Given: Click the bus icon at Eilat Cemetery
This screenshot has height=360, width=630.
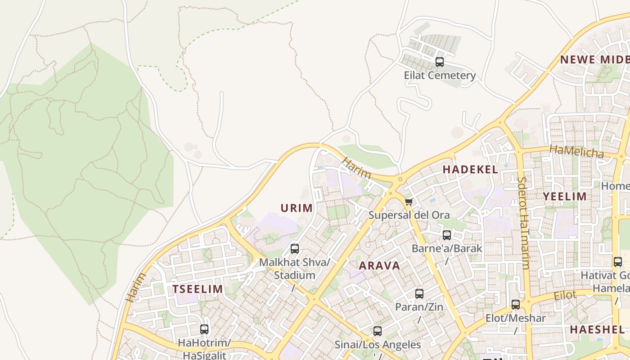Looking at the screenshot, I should coord(440,62).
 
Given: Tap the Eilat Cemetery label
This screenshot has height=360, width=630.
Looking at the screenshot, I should coord(440,75).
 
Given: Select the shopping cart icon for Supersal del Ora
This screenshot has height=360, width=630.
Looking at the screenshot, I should coord(409,202).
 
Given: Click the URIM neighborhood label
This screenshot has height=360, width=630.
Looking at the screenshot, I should coord(297,208).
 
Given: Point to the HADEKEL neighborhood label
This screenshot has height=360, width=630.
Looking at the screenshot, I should coord(470,170).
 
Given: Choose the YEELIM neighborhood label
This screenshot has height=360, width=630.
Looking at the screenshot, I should coord(564,196).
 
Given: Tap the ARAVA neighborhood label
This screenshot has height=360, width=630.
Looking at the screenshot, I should coord(379,265).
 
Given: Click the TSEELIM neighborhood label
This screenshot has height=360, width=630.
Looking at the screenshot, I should coord(198,289).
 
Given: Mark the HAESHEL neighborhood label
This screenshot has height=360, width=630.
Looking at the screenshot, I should coord(597,329).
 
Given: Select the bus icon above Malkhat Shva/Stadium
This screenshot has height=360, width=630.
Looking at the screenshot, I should coord(295,249).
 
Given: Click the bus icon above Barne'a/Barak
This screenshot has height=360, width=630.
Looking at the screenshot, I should coord(447,235).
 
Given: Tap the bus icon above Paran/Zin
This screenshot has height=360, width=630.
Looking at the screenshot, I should coord(419,294).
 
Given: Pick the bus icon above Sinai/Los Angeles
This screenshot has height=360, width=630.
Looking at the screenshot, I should coord(378,331).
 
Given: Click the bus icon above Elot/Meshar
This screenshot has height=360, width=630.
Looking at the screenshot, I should coord(516,305).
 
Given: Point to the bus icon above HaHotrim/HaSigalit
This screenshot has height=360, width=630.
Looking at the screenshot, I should coord(204,329).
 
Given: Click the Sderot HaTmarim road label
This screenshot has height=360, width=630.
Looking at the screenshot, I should coord(523,223).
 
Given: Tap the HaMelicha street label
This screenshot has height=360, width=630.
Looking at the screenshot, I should coord(576,151).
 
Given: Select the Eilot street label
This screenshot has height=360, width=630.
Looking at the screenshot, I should coord(565,296).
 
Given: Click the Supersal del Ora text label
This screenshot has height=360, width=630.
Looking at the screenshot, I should coord(409,215).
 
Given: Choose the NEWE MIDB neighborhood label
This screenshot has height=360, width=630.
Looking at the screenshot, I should coord(594,59).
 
